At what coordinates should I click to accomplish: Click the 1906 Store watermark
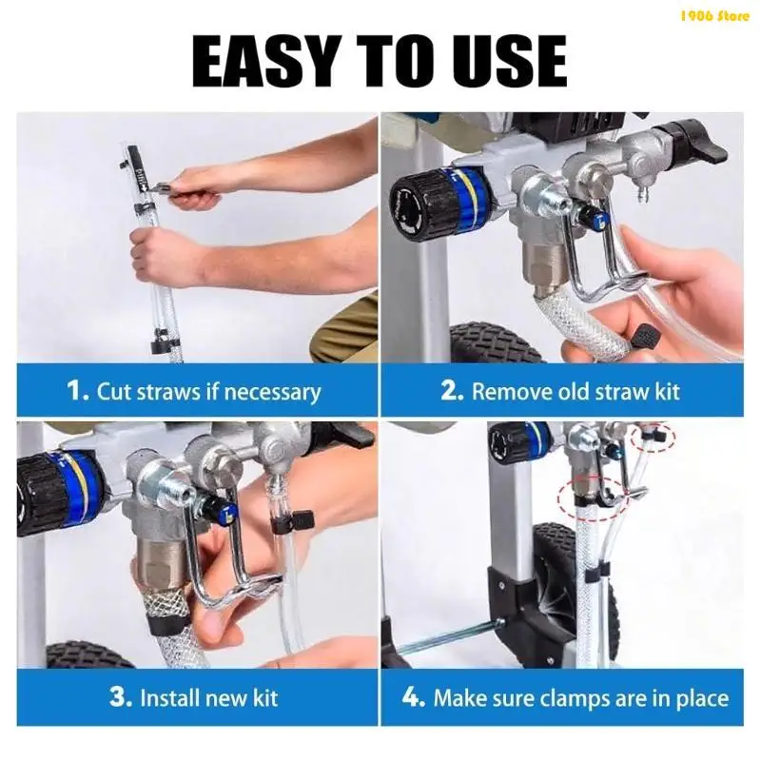(x=714, y=14)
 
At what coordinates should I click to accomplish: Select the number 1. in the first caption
(x=78, y=391)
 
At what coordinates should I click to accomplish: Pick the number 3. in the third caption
(x=121, y=697)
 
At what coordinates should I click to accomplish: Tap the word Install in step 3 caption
(x=171, y=697)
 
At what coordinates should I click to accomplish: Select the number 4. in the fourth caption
(x=414, y=697)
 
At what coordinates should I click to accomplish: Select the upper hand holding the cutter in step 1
(x=205, y=185)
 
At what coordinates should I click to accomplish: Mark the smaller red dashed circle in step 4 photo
(x=654, y=437)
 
